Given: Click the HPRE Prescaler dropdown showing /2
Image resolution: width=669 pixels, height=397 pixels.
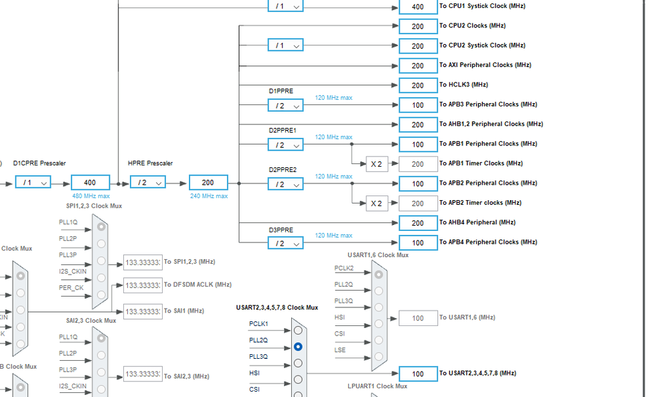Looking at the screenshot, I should (x=147, y=182).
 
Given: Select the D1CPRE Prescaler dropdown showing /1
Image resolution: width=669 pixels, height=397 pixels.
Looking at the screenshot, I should (x=32, y=182).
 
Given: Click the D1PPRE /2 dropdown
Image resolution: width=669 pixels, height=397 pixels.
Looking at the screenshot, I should (x=285, y=105).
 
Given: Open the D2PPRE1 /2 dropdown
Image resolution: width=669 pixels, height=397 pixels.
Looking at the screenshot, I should (x=285, y=145).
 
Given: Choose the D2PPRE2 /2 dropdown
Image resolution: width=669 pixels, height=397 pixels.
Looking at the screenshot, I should (x=285, y=184).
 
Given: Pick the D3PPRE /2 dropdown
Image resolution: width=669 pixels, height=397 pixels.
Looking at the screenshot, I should (x=285, y=243).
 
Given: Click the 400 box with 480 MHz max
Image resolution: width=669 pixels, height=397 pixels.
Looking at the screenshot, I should (x=90, y=182).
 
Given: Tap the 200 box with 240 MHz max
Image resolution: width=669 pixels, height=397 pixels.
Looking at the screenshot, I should (x=208, y=182).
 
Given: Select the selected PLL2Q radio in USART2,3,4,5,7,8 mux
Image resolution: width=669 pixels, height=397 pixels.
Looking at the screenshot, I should (x=298, y=347).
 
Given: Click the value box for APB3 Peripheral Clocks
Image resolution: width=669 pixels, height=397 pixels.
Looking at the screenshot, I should (x=418, y=105).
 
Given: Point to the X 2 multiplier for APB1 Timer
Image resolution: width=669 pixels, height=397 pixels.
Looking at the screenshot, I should (x=376, y=164).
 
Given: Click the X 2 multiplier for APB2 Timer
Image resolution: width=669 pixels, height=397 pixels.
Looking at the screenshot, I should (x=376, y=204).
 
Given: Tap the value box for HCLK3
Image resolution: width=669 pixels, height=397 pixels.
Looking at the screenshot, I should (x=418, y=85).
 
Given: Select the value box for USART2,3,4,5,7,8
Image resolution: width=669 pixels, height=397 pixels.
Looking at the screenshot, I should (x=418, y=374).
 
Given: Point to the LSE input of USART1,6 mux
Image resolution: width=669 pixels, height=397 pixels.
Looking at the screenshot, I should (x=340, y=350).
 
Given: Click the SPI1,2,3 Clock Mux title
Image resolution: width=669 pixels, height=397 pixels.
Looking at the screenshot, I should (x=94, y=206).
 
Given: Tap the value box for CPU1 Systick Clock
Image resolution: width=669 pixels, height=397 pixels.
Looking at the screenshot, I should (x=418, y=7).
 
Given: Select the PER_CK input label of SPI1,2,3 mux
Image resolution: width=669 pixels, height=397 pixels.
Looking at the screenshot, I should (x=71, y=288).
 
